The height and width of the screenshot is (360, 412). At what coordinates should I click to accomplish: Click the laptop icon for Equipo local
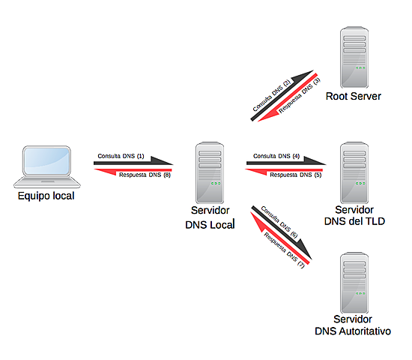46,167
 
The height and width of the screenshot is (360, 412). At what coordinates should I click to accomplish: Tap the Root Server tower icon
354,57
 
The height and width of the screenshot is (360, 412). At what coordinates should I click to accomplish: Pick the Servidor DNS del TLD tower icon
354,172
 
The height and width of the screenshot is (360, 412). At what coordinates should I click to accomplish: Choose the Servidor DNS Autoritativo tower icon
354,283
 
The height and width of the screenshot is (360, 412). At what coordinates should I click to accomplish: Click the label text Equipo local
46,196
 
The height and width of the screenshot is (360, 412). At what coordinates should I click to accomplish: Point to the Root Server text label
354,96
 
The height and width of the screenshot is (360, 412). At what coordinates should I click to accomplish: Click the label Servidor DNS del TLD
354,214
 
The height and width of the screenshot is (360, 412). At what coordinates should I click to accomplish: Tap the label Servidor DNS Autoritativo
353,325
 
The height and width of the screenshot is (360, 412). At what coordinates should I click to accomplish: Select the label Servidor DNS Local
210,217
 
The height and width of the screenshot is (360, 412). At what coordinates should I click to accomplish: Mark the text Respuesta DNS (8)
145,175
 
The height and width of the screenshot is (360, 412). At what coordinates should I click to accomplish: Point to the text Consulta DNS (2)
272,95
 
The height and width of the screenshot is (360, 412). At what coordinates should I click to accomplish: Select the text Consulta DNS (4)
276,156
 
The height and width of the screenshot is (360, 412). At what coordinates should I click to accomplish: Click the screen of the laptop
47,160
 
